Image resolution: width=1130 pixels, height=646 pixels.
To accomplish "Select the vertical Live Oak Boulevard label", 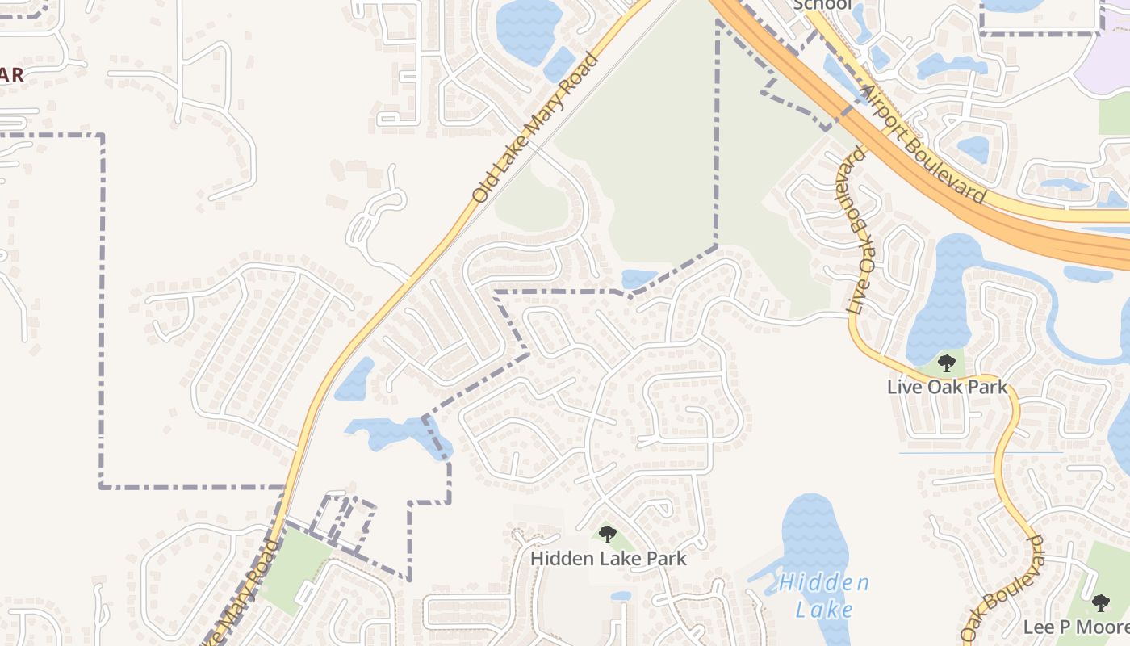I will [857, 230].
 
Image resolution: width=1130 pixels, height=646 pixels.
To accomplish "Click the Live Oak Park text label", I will [947, 387].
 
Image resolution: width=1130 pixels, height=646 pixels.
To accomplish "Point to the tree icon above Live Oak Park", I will [947, 363].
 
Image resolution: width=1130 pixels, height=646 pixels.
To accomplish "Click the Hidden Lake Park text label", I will [608, 558].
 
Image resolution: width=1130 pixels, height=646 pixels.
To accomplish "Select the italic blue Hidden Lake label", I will [824, 596].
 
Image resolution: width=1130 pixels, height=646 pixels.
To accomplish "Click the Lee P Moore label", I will [1076, 627].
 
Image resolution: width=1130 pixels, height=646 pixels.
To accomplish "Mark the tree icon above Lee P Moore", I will [1100, 603].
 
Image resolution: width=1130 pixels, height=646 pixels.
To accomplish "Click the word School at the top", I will [822, 5].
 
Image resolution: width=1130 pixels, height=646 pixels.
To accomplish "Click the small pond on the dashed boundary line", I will [639, 279].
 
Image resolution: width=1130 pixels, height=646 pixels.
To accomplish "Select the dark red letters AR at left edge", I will [10, 76].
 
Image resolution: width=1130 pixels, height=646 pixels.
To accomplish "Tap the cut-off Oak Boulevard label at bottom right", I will [1004, 589].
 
